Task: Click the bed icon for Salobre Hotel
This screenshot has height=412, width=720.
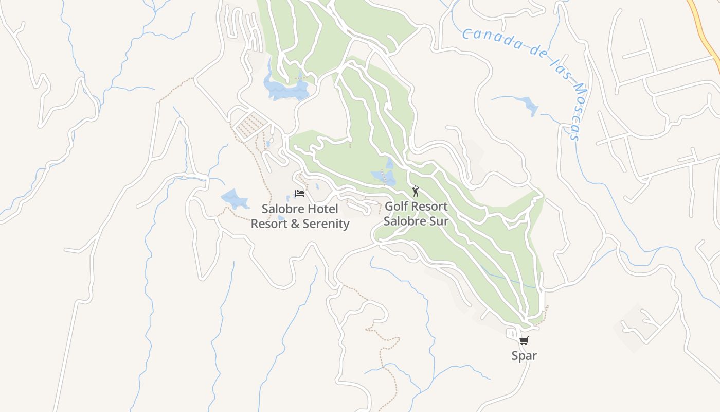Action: [x=299, y=194]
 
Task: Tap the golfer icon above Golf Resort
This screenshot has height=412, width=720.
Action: [x=416, y=191]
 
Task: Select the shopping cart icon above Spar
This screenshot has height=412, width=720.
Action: [x=524, y=340]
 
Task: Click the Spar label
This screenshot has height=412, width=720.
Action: [x=524, y=355]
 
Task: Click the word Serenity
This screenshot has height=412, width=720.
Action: [x=326, y=224]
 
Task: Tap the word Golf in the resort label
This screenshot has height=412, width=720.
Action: [x=396, y=207]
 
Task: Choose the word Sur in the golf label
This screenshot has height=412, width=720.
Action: [x=438, y=221]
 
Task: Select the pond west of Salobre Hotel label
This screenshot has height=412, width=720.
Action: [x=235, y=198]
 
